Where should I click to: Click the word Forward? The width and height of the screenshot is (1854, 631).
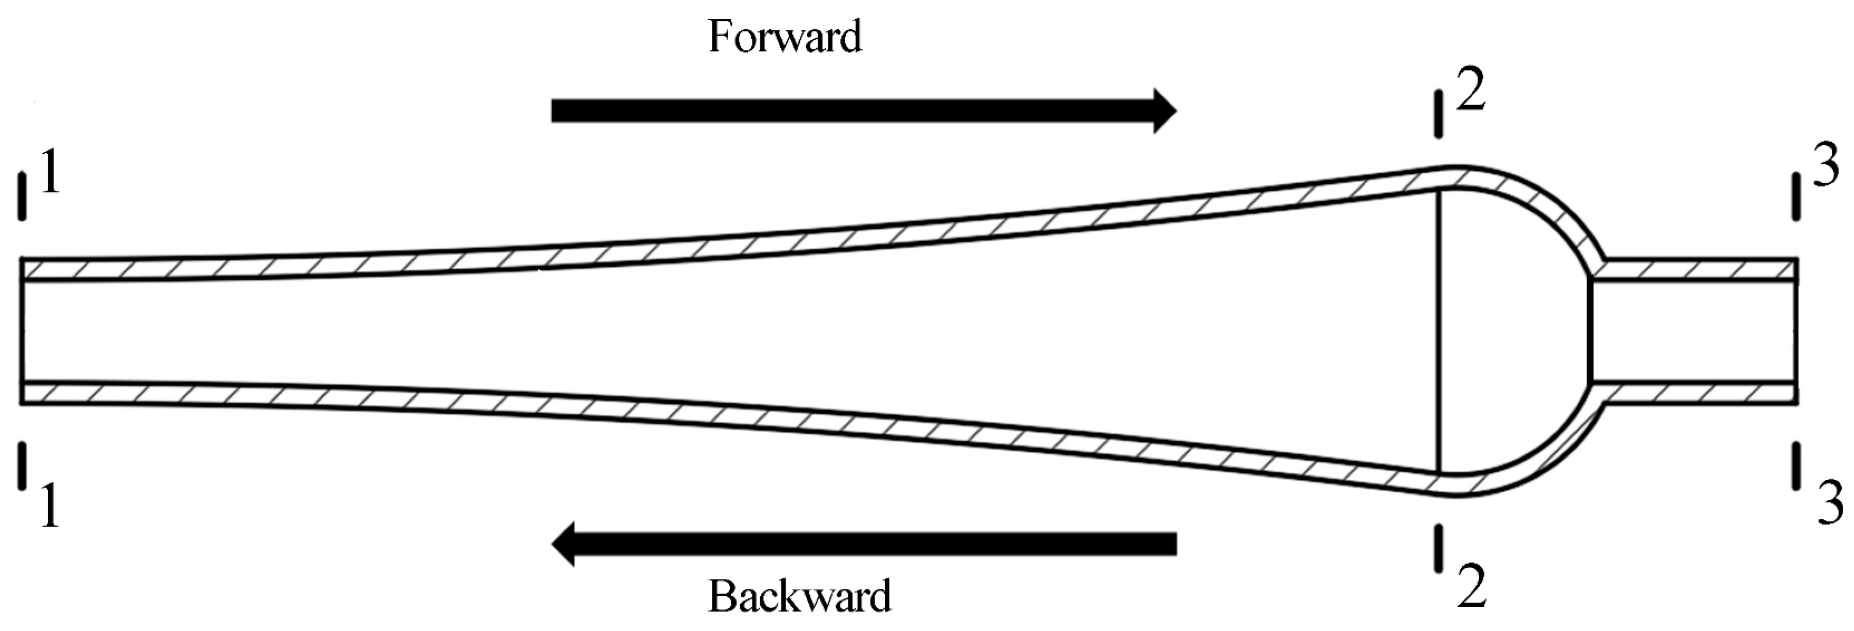785,37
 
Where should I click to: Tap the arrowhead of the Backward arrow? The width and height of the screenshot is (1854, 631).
564,544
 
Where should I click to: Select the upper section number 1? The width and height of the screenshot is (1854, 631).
49,171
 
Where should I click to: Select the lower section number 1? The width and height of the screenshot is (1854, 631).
49,506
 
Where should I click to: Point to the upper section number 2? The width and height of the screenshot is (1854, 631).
1471,89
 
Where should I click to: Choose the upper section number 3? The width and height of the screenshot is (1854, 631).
1825,166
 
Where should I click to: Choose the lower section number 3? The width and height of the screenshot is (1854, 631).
1829,502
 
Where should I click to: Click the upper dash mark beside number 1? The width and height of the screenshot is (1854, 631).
22,196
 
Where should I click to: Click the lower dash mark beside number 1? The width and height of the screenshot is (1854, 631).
22,466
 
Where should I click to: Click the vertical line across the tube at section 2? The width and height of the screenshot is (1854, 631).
1439,331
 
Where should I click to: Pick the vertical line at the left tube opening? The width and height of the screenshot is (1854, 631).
22,331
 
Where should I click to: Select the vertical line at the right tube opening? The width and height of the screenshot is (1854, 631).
1797,331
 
